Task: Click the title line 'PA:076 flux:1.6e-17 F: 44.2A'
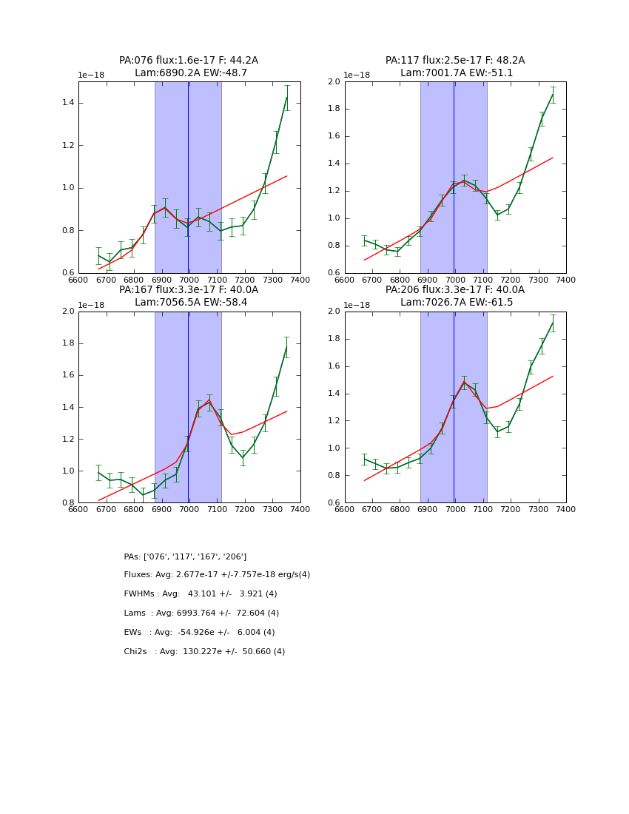(189, 61)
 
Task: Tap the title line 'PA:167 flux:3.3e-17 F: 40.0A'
(189, 290)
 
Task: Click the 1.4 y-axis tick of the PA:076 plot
(67, 102)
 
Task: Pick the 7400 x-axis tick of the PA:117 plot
(565, 280)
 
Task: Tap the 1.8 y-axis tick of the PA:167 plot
(67, 343)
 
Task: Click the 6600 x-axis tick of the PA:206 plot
(345, 510)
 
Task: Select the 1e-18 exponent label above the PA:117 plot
(357, 75)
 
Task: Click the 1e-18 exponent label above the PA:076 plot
(90, 75)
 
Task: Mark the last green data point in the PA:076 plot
(286, 98)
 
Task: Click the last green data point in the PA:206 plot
(553, 323)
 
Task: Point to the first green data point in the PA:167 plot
(98, 472)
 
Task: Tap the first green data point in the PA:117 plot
(364, 240)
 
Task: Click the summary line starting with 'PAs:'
(185, 556)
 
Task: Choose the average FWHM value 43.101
(203, 594)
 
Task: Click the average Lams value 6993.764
(200, 613)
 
